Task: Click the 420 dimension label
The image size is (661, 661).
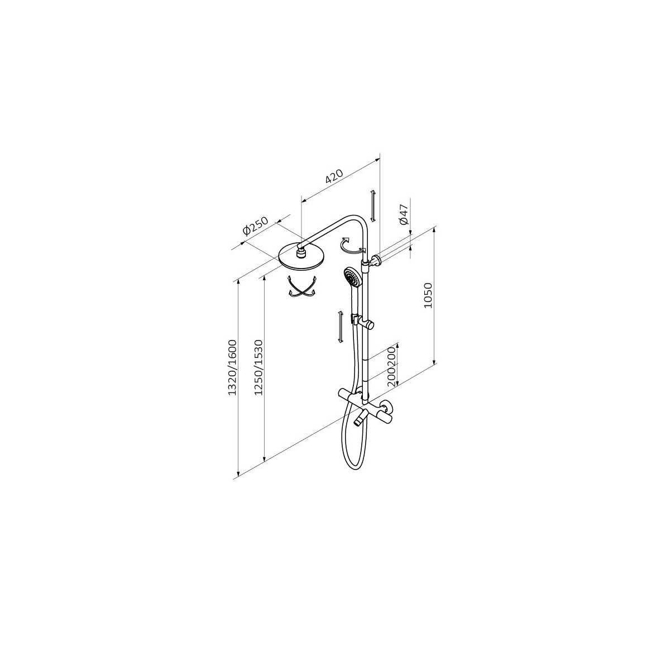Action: [335, 176]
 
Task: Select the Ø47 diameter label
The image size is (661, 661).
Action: [404, 214]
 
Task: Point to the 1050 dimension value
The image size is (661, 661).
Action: [428, 295]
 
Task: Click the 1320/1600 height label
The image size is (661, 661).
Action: [232, 367]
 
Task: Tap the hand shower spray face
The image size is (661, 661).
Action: [350, 276]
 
